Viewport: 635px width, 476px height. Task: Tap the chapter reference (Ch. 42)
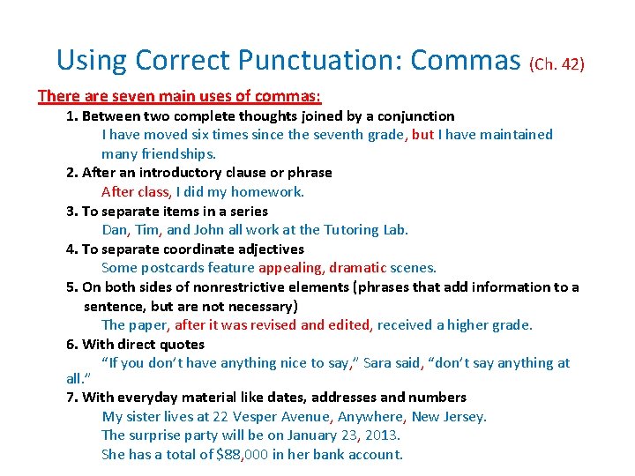(x=557, y=63)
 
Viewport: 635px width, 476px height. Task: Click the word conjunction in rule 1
(x=417, y=115)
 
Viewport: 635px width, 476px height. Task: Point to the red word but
(x=422, y=134)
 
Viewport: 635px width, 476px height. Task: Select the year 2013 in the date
(x=382, y=435)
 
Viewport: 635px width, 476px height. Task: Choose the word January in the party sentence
(x=308, y=435)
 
